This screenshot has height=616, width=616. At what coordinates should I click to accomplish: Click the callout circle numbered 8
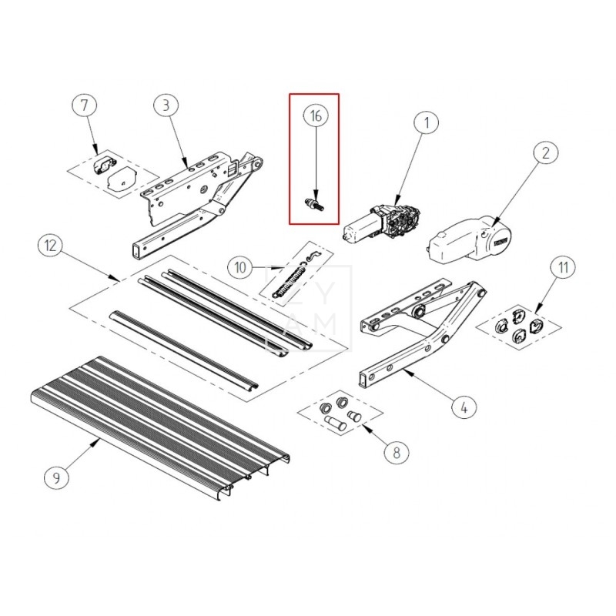[x=396, y=452]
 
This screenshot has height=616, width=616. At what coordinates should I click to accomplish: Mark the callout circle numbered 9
[x=57, y=477]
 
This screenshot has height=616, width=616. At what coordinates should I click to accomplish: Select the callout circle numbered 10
[x=241, y=267]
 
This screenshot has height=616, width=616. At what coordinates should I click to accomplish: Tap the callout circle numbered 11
[x=564, y=268]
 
